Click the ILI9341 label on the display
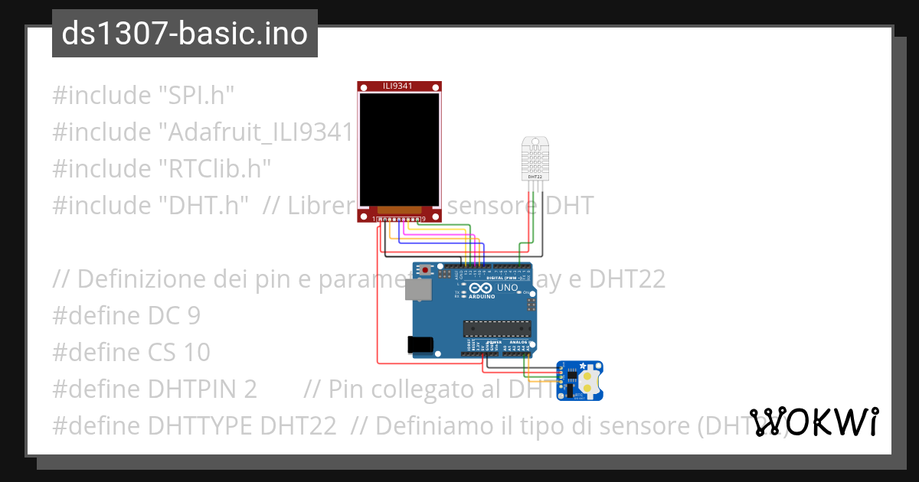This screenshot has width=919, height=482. (397, 86)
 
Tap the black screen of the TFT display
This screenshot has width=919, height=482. (399, 149)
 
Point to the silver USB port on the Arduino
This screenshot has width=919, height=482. (419, 289)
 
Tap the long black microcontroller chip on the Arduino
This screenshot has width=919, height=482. (496, 329)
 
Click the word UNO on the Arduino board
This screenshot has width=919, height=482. (508, 288)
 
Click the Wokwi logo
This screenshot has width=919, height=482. (813, 422)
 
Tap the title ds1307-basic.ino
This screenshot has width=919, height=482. (185, 34)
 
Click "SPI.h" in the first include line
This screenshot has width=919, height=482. (196, 96)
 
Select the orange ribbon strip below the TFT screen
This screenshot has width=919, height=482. (399, 209)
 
